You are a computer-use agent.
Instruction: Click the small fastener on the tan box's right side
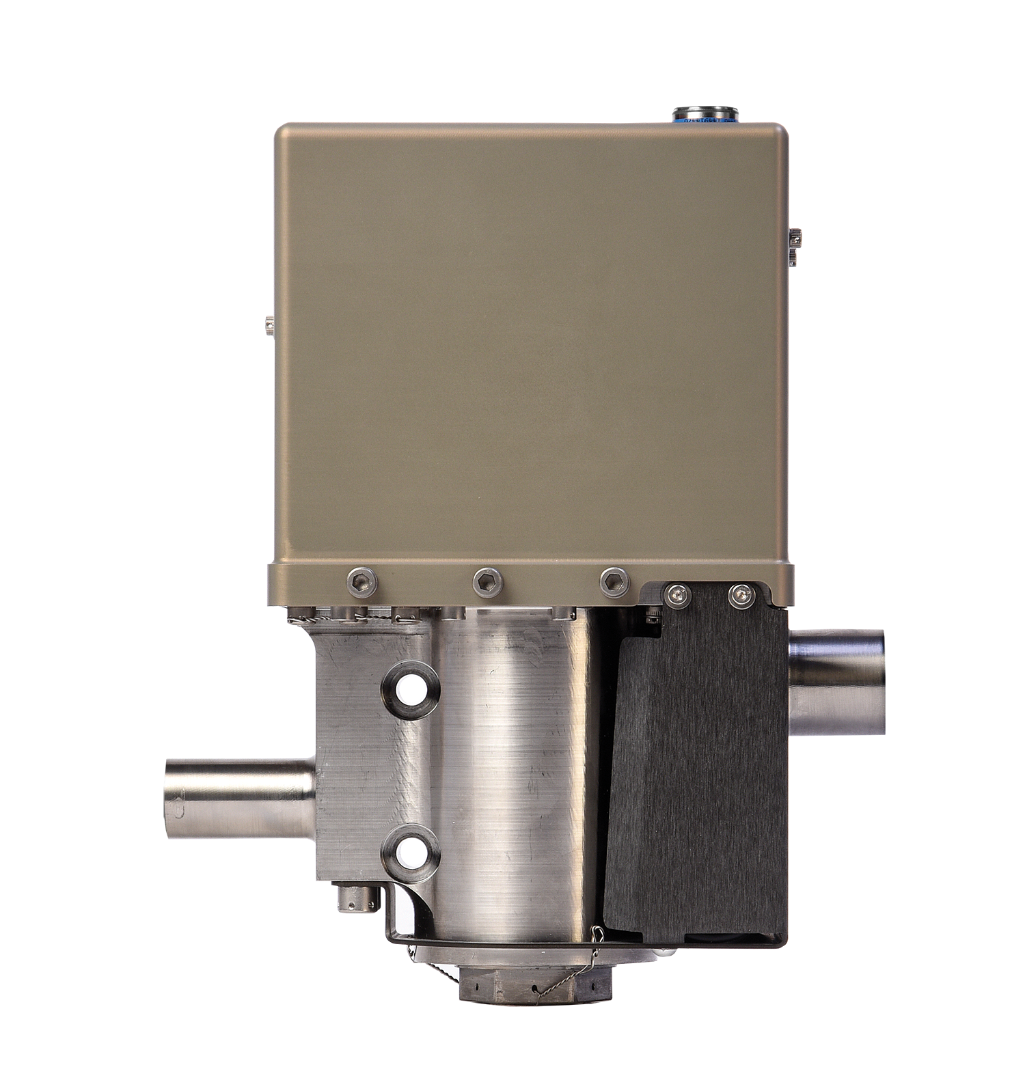point(795,247)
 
